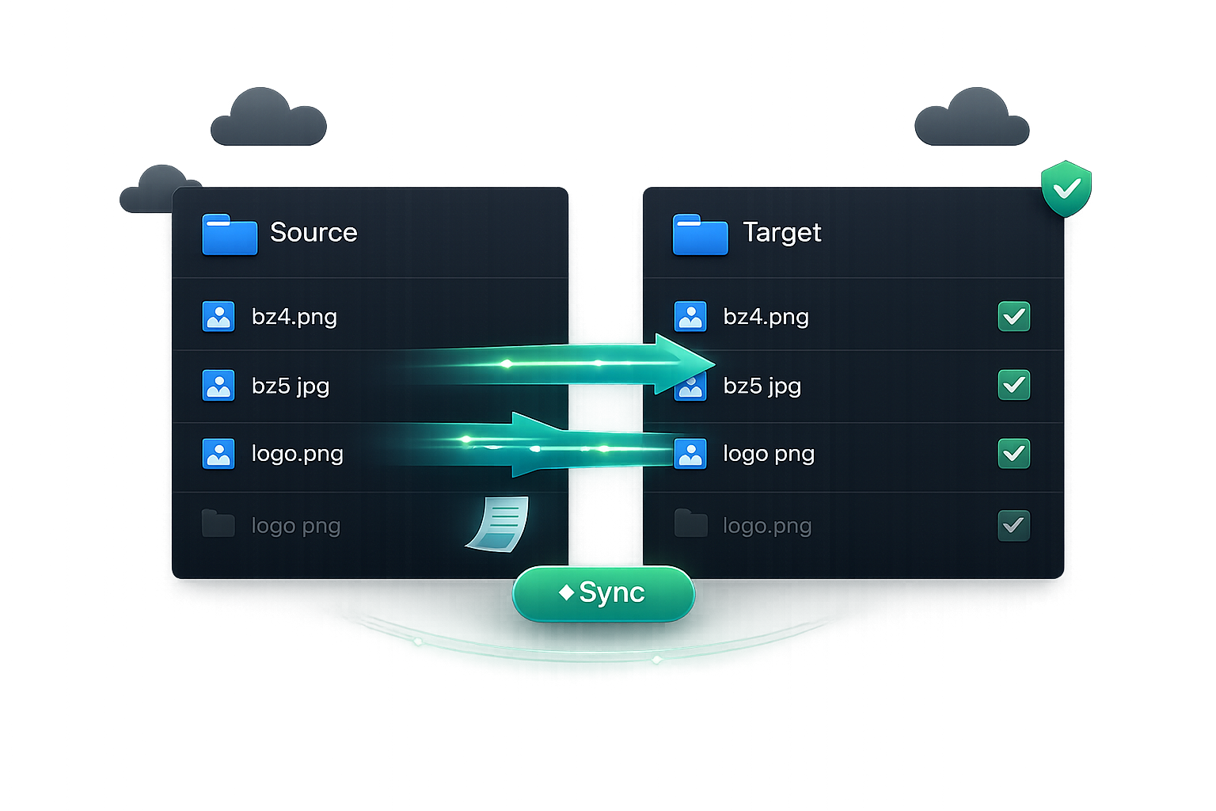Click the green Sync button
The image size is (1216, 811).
tap(603, 593)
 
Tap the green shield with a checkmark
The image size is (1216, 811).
tap(1066, 188)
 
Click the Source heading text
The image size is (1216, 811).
tap(313, 233)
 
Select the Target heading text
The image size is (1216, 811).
tap(781, 233)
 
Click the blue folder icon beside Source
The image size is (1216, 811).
tap(230, 234)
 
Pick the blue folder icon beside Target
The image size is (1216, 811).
tap(701, 234)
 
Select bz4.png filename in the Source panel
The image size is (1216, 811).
tap(294, 317)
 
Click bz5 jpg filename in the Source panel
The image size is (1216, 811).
tap(291, 386)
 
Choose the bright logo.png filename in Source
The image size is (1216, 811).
tap(298, 454)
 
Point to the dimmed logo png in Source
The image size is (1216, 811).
tap(296, 526)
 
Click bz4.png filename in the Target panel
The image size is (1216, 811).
tap(766, 317)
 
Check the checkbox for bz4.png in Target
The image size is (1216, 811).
tap(1013, 316)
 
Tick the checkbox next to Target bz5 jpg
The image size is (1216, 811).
tap(1013, 385)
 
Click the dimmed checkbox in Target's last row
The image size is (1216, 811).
tap(1013, 525)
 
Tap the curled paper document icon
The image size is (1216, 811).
tap(498, 524)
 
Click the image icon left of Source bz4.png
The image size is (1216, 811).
tap(218, 316)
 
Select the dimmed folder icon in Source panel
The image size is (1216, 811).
tap(218, 523)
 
